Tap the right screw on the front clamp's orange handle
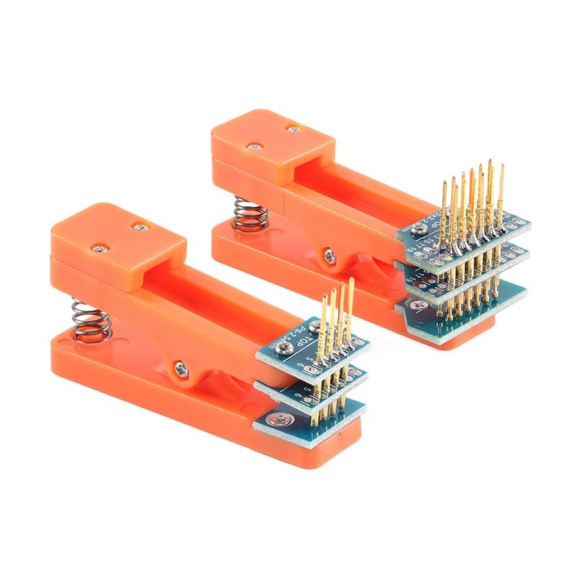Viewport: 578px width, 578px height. tap(139, 225)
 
